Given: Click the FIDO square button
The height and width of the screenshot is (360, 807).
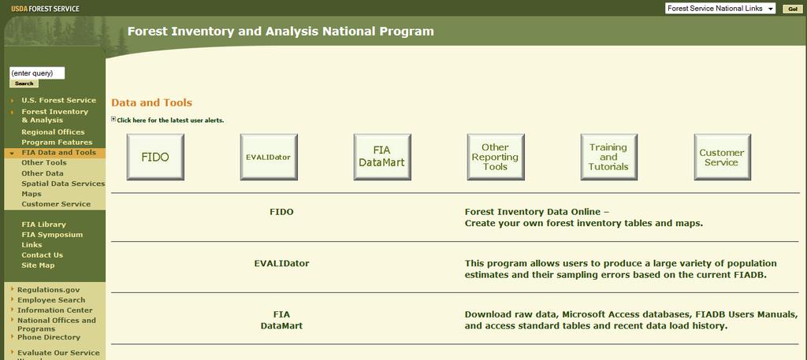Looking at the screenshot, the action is pyautogui.click(x=155, y=157).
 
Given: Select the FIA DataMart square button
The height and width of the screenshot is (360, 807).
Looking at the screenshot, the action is pyautogui.click(x=382, y=157).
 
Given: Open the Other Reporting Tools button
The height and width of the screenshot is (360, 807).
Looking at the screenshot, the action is pyautogui.click(x=496, y=157).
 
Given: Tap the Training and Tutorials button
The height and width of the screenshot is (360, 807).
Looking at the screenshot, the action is pyautogui.click(x=609, y=157).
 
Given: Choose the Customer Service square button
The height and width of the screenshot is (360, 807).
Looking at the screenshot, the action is pyautogui.click(x=722, y=157).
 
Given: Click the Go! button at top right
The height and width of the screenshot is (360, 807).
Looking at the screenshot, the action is pyautogui.click(x=793, y=9).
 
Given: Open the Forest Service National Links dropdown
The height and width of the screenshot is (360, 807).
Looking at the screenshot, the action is pyautogui.click(x=720, y=9).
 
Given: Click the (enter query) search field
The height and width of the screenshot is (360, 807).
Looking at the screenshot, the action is pyautogui.click(x=37, y=73).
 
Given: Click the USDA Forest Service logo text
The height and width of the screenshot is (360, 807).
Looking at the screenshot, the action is pyautogui.click(x=45, y=9).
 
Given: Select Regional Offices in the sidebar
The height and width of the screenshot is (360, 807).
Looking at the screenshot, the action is pyautogui.click(x=53, y=132).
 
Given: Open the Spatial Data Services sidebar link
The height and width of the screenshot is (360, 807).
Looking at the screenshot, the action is pyautogui.click(x=63, y=184).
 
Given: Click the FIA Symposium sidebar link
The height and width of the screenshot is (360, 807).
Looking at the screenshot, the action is pyautogui.click(x=52, y=235).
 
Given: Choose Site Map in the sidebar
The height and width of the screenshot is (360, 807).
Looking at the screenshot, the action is pyautogui.click(x=38, y=265).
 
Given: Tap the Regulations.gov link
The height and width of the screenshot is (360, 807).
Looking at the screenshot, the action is pyautogui.click(x=48, y=290).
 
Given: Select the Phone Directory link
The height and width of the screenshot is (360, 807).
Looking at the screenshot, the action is pyautogui.click(x=49, y=337).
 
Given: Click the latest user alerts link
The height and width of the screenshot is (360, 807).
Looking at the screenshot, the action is pyautogui.click(x=170, y=121).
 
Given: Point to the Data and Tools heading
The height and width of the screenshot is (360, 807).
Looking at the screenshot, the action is pyautogui.click(x=152, y=102).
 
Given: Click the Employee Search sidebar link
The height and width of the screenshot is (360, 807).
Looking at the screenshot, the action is pyautogui.click(x=51, y=300).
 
